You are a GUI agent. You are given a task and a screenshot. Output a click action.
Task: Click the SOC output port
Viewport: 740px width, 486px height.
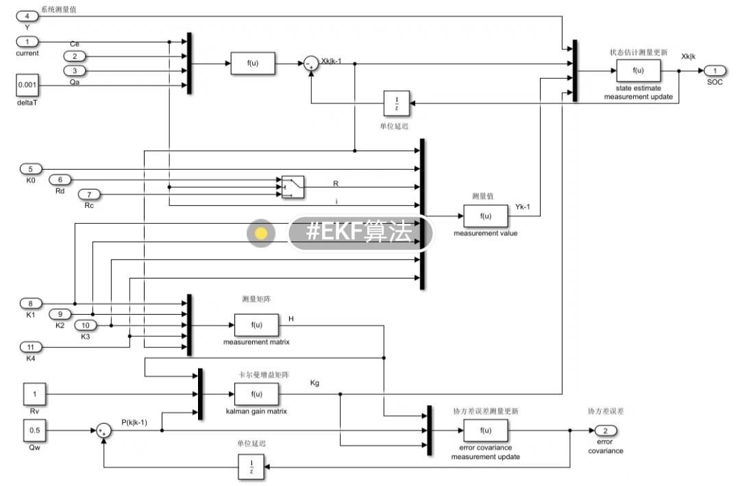(714, 71)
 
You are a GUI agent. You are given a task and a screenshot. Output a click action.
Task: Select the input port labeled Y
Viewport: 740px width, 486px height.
(27, 16)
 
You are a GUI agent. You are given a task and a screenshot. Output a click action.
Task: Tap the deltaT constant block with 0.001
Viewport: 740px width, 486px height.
(27, 85)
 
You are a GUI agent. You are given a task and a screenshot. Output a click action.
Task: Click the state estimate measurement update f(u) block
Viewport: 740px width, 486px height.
(638, 71)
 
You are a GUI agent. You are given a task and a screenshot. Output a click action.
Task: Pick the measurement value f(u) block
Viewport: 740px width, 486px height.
(486, 216)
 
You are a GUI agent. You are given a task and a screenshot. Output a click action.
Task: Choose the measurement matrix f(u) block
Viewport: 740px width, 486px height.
(257, 325)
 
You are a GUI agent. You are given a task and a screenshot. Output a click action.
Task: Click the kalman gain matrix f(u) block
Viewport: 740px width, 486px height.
(257, 394)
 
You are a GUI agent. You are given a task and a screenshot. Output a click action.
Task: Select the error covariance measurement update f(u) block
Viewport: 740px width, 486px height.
(486, 431)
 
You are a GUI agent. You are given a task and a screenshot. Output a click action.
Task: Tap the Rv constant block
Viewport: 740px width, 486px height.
(35, 394)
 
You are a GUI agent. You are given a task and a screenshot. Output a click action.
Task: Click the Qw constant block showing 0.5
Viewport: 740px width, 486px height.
(35, 431)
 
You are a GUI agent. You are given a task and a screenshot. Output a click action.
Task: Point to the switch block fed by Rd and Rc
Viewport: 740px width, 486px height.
(293, 186)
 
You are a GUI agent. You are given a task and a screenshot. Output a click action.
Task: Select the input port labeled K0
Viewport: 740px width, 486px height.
(31, 168)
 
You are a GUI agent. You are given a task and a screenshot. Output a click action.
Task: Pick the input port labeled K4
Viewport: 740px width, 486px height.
(31, 347)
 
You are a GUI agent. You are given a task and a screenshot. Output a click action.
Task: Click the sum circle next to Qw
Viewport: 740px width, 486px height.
(103, 431)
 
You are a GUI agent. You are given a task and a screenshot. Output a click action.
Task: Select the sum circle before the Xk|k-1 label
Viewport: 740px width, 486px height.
(311, 64)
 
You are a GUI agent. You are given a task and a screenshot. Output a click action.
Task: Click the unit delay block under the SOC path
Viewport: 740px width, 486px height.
(396, 103)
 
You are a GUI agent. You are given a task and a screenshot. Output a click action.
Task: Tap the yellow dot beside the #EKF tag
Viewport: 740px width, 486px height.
(261, 233)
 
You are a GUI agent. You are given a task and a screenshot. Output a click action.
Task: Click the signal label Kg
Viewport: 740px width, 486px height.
(314, 383)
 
